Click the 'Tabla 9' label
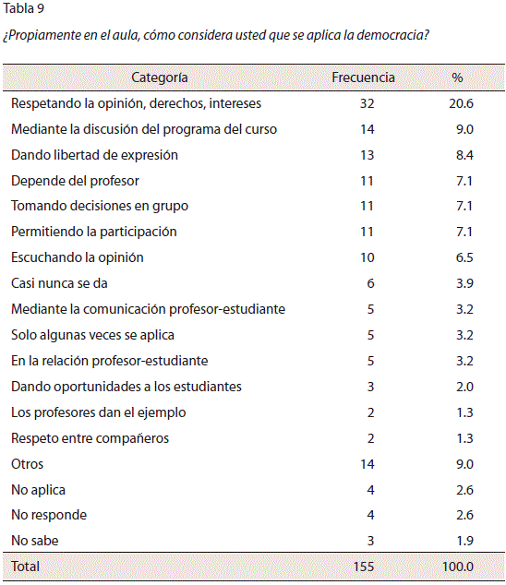[x=23, y=8]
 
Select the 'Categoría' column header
[x=160, y=78]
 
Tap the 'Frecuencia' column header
[x=363, y=78]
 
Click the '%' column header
[x=457, y=78]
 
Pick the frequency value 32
[x=367, y=103]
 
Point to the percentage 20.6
[x=461, y=103]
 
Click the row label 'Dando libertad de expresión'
[x=94, y=155]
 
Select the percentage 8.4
[x=464, y=155]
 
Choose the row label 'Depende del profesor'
[x=75, y=181]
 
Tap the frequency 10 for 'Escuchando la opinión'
[x=367, y=257]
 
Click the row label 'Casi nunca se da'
[x=59, y=283]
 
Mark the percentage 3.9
[x=464, y=283]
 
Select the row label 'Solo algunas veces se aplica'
[x=92, y=335]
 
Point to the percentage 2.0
[x=464, y=387]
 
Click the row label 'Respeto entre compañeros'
[x=90, y=438]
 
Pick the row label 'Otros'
[x=28, y=464]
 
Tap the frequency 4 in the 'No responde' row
[x=370, y=515]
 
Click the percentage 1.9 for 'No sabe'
[x=465, y=541]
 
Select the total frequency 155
[x=364, y=567]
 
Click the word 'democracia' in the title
[x=392, y=35]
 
